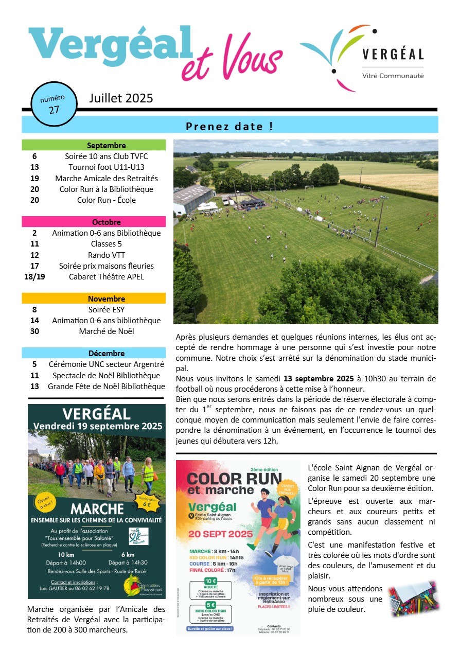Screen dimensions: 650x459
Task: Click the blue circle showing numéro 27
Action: pos(54,103)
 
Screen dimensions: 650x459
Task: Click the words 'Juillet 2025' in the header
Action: pos(121,98)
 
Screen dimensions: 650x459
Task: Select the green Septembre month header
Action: pos(94,145)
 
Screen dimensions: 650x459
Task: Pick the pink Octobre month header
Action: pos(94,222)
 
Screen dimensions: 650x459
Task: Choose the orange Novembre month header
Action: pos(94,298)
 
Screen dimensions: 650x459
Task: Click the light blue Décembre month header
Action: pos(94,353)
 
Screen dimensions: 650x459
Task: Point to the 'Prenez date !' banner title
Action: pos(229,126)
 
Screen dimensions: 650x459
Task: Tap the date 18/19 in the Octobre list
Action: pos(34,276)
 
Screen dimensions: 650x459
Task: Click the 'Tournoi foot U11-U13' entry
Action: pos(106,167)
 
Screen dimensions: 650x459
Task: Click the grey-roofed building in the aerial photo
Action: pos(193,199)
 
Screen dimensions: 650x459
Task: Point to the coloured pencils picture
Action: pos(413,599)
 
